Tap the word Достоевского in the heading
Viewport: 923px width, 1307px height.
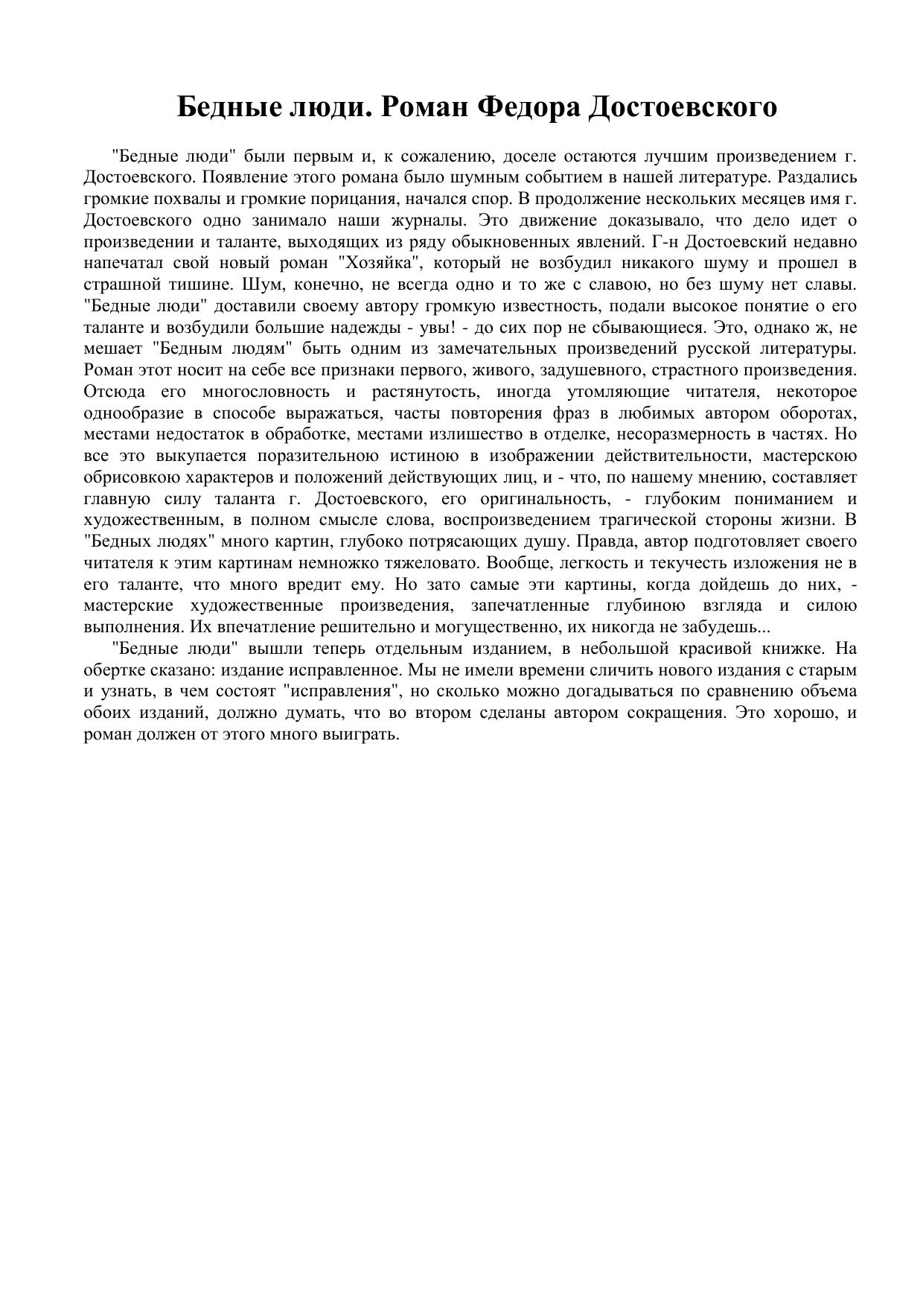(683, 107)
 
